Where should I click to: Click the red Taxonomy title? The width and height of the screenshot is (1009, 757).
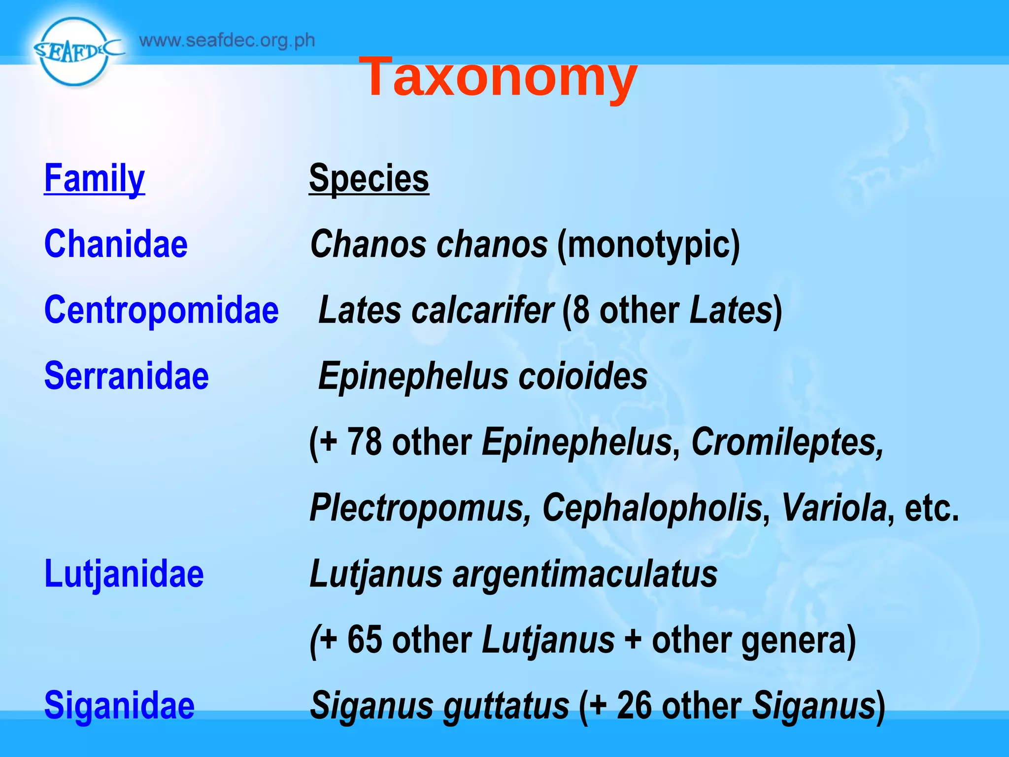pos(498,76)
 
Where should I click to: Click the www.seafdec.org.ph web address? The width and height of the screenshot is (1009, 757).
pos(227,40)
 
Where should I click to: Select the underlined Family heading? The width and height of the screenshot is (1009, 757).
pos(94,179)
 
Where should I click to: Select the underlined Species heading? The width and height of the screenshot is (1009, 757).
pos(369,178)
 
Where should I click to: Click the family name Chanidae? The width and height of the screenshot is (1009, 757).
pos(116,244)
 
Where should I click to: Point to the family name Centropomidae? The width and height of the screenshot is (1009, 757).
pos(161,310)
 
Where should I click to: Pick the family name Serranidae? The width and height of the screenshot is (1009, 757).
pos(126,376)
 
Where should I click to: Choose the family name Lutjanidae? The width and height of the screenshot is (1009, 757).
pos(124,574)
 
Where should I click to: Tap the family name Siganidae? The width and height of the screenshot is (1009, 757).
pos(119,706)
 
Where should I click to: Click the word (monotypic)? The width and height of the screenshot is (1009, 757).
pos(648,245)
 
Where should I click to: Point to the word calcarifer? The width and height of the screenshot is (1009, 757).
pos(483,310)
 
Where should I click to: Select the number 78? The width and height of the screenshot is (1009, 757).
pos(364,442)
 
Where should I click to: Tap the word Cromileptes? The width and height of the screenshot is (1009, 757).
pos(787,442)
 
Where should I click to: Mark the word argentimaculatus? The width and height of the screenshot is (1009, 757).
pos(585,575)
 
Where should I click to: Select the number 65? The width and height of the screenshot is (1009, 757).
pos(364,640)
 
